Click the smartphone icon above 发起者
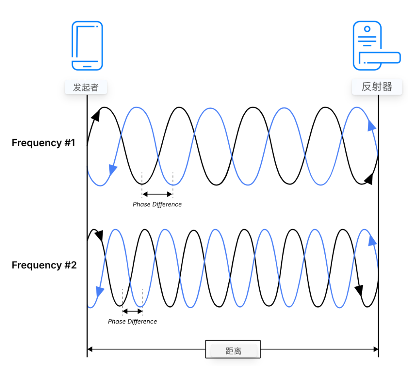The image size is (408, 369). point(87,46)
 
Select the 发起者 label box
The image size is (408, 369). point(86,87)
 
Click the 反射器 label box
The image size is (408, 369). point(377,87)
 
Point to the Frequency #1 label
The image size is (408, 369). point(43,143)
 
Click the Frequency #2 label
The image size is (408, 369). point(44,265)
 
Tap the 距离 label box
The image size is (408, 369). point(233,351)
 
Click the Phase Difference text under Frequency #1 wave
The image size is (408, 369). point(157,204)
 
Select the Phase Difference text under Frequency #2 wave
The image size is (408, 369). point(132,321)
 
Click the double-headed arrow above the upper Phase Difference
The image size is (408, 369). point(157,194)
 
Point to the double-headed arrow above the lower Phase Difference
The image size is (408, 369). point(132,311)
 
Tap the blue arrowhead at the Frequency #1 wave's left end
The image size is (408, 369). point(113,170)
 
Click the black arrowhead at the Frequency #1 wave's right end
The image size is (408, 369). point(369,179)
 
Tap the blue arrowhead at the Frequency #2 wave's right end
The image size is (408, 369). point(372,240)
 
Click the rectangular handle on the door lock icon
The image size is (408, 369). point(379,58)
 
